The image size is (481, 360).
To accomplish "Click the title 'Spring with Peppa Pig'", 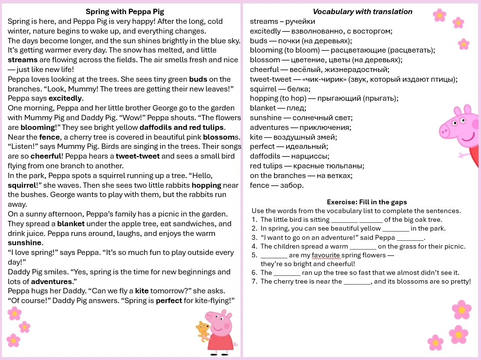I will pyautogui.click(x=125, y=12).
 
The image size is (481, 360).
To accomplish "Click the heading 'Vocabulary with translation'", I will pyautogui.click(x=362, y=12).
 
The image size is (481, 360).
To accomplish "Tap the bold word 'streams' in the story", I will pyautogui.click(x=22, y=60).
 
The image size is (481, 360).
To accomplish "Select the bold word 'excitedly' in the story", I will pyautogui.click(x=66, y=98).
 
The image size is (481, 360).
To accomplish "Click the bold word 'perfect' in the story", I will pyautogui.click(x=168, y=300).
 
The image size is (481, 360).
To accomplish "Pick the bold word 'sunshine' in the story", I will pyautogui.click(x=25, y=243).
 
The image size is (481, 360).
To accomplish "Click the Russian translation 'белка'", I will pyautogui.click(x=299, y=89).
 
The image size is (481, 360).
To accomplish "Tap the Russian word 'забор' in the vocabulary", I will pyautogui.click(x=293, y=185).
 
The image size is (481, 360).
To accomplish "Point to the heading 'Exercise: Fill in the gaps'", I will pyautogui.click(x=367, y=202).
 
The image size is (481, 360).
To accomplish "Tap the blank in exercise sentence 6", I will pyautogui.click(x=287, y=273).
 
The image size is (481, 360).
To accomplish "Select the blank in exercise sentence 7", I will pyautogui.click(x=357, y=282).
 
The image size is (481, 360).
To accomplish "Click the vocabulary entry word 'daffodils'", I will pyautogui.click(x=265, y=156).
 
